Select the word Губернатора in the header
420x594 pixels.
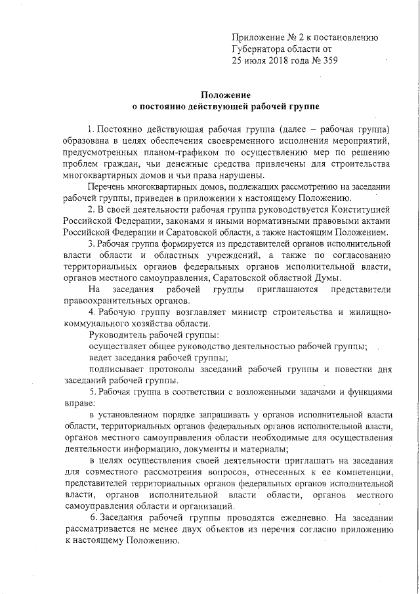click(x=259, y=48)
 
